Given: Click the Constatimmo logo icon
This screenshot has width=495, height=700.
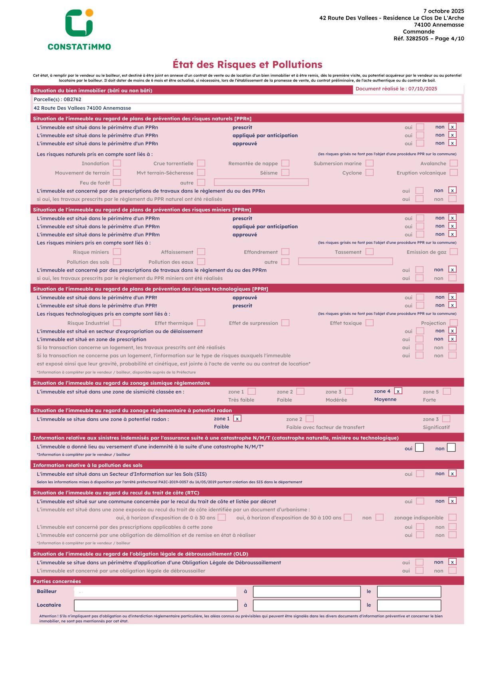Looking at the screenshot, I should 79,23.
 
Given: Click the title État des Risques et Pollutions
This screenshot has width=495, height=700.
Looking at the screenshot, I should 247,65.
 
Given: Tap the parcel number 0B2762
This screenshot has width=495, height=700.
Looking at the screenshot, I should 72,99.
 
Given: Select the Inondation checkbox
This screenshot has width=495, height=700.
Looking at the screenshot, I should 117,163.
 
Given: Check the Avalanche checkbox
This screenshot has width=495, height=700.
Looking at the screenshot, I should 453,163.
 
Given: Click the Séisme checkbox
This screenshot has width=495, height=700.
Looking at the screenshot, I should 285,172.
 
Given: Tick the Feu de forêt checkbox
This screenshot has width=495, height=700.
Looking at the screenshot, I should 117,182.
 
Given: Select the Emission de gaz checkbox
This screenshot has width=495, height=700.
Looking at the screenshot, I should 453,252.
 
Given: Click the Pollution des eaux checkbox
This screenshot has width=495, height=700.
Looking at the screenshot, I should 201,262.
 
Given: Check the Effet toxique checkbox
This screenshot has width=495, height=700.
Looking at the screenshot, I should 370,323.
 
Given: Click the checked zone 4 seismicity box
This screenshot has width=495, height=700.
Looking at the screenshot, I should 398,391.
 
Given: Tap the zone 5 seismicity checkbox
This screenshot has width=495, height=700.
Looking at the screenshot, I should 447,392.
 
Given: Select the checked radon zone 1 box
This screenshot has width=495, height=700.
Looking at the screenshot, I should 238,419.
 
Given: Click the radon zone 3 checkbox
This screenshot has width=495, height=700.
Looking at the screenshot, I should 446,419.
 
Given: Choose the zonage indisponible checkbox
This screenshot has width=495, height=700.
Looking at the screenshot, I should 452,518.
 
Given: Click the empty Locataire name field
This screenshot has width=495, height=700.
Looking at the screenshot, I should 156,605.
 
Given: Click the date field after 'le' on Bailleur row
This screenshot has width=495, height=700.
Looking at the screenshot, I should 409,591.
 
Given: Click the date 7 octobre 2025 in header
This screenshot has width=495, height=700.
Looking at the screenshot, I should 444,11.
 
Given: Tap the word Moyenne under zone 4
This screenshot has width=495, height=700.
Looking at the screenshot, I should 385,399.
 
